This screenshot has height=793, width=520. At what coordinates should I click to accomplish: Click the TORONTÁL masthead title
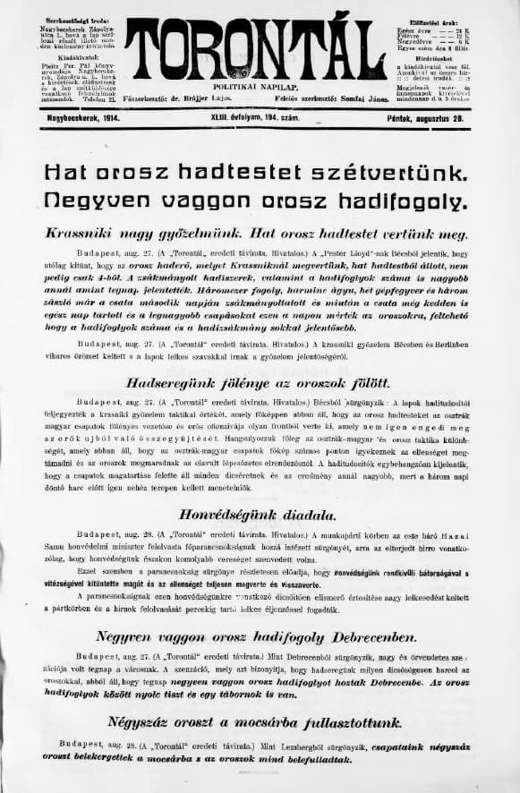click(255, 48)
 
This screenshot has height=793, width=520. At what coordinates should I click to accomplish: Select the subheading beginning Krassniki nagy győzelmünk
click(258, 234)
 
